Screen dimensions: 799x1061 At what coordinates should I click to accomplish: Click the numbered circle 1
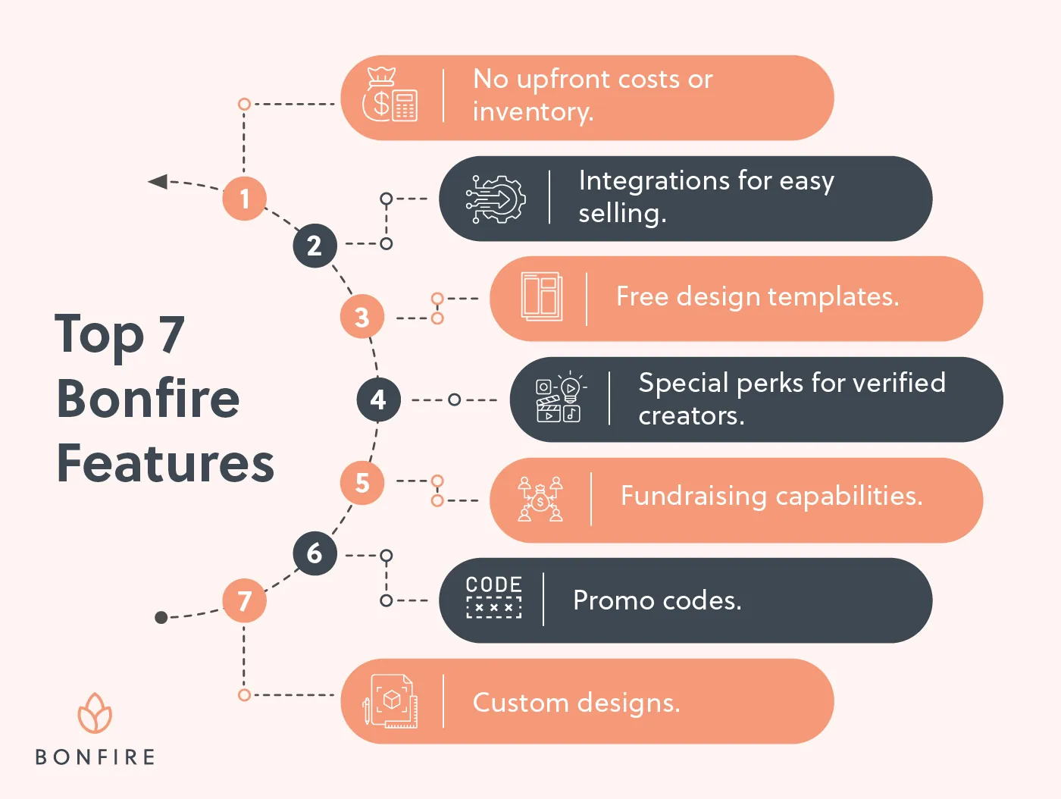[244, 199]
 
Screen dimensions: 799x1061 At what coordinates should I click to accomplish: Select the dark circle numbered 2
[315, 246]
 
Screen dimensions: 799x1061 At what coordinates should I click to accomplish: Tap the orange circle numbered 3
[362, 317]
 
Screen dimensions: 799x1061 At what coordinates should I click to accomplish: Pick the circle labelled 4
[378, 399]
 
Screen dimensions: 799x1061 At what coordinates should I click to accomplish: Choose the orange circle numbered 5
[362, 483]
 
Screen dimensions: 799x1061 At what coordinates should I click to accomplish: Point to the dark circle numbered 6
[315, 553]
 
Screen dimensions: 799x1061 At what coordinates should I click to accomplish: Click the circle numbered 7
[244, 600]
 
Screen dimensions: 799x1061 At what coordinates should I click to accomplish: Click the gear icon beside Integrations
[496, 199]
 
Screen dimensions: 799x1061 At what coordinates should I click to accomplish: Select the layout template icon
[542, 296]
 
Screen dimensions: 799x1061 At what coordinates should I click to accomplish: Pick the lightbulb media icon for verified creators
[559, 398]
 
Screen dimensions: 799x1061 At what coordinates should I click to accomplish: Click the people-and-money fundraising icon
[540, 500]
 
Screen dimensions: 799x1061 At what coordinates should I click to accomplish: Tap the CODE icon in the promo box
[493, 597]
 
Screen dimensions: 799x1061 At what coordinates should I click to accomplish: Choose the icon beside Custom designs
[390, 701]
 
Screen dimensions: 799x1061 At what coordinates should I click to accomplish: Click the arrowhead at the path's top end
[158, 181]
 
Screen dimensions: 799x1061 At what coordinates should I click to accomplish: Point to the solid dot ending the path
[161, 618]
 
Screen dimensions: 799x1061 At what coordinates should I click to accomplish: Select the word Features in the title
[165, 464]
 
